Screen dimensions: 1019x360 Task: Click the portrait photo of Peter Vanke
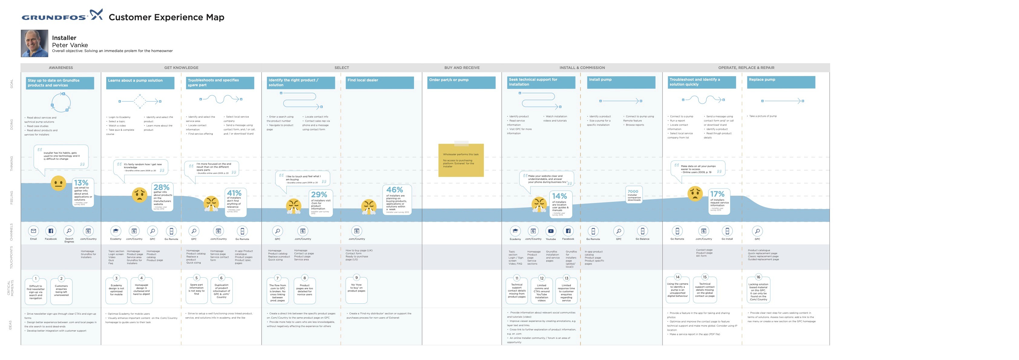35,43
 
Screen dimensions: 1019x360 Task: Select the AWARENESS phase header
61,68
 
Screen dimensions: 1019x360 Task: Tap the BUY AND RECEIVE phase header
462,68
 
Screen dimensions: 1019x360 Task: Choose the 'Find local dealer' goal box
380,82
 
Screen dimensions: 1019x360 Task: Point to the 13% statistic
81,183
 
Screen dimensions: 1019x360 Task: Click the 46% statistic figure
394,190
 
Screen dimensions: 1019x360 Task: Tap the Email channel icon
34,231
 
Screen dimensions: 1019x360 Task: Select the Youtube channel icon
551,231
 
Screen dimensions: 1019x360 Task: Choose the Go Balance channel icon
643,231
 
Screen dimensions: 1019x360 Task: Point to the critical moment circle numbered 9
357,278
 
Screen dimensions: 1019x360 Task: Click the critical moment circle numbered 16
758,277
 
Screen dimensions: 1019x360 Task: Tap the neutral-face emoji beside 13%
58,183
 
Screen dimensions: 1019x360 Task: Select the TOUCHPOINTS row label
11,257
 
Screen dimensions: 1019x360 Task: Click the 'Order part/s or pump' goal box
461,82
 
